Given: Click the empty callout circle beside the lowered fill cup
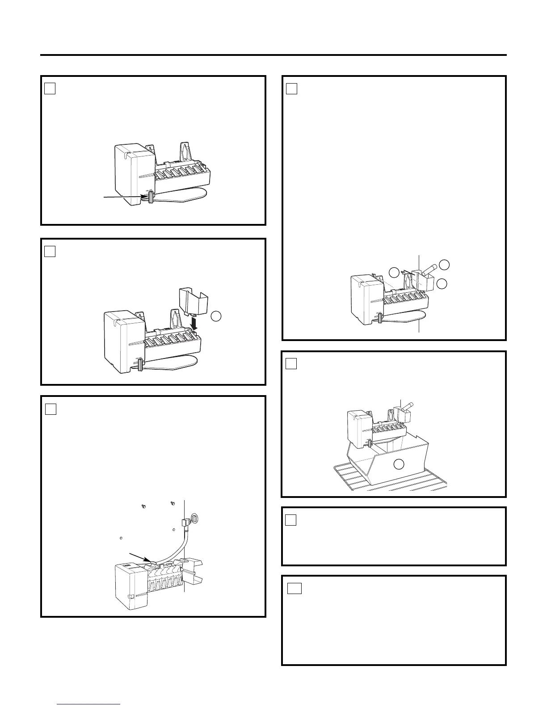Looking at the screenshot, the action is click(x=216, y=316).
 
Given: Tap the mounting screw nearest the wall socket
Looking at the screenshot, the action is click(x=173, y=504).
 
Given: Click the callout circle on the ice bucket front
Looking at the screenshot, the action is click(x=399, y=465).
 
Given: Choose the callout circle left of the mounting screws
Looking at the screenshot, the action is click(x=393, y=273).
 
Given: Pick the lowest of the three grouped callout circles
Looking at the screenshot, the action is click(x=442, y=283).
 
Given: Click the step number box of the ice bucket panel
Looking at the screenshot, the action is click(x=291, y=364).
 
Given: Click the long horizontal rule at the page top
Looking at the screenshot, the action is click(x=273, y=55).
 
